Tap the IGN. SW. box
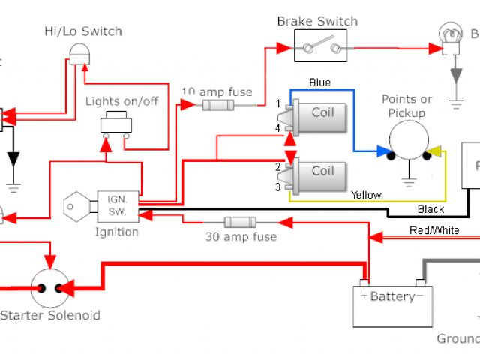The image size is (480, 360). (x=118, y=205)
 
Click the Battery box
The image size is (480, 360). (x=393, y=301)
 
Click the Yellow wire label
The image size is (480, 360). (x=366, y=195)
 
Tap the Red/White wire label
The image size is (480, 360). (x=434, y=230)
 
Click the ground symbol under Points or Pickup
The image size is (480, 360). (x=409, y=180)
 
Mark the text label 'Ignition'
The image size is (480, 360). (x=116, y=232)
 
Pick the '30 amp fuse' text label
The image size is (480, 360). (x=241, y=237)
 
